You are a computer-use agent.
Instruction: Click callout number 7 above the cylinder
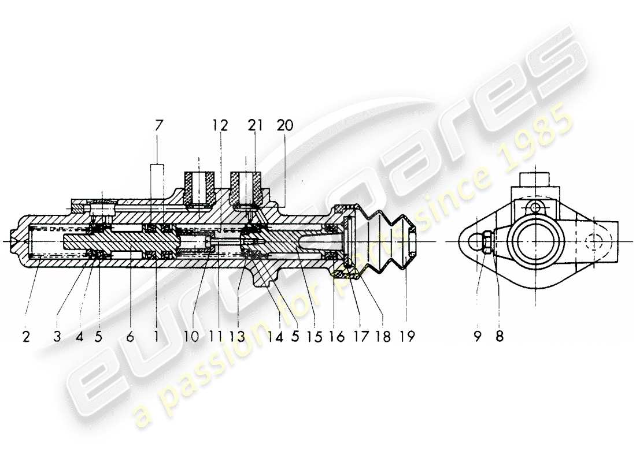158,125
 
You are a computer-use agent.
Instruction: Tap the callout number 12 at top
220,125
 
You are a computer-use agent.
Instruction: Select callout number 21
255,125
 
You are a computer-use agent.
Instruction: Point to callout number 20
284,125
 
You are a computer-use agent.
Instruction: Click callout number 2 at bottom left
26,336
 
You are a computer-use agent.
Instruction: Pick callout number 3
57,336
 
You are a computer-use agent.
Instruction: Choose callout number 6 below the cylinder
130,336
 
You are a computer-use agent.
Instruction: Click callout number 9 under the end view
478,336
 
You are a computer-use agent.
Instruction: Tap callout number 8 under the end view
500,336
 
